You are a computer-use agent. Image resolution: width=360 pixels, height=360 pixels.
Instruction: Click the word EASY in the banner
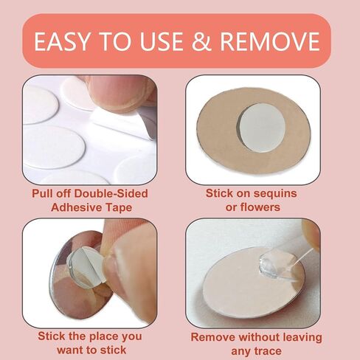point(61,41)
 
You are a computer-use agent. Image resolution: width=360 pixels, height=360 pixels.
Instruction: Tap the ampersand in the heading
point(201,41)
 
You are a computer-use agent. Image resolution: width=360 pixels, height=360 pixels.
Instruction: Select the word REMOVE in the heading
point(270,41)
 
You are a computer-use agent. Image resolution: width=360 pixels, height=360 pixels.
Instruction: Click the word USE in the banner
point(162,41)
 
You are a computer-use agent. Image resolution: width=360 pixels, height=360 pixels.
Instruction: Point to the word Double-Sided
point(111,193)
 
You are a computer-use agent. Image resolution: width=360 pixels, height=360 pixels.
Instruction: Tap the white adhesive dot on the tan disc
point(262,128)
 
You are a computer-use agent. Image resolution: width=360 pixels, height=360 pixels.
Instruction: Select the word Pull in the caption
point(43,193)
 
